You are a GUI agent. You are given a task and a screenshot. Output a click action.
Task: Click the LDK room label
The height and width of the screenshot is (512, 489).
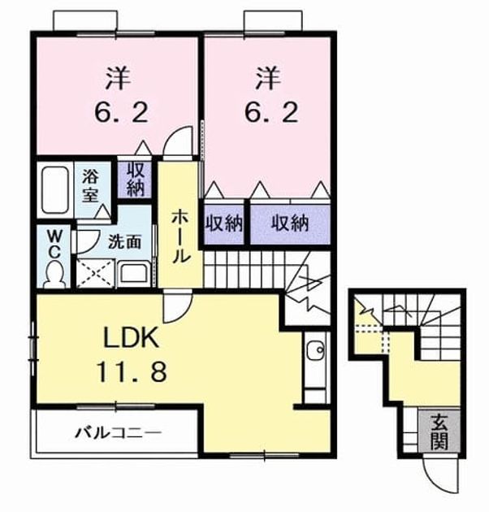pos(132,338)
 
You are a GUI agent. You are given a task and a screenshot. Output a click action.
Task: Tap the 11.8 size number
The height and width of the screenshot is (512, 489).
pos(132,371)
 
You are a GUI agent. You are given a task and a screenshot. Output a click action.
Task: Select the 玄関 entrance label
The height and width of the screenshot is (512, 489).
pos(439,432)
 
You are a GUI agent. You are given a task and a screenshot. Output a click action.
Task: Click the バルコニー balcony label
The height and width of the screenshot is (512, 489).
pos(119,433)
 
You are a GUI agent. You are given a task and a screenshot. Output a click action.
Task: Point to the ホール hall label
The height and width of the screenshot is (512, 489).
pos(180,236)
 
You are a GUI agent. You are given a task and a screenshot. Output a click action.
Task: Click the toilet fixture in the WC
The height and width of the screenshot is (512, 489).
pos(54,275)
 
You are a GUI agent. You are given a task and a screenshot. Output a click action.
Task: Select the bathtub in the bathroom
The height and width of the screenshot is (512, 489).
pos(56,190)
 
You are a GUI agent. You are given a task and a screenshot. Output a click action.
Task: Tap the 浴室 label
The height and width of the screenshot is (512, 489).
pos(90,186)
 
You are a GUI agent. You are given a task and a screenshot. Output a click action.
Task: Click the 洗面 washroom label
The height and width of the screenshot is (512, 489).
pos(125,242)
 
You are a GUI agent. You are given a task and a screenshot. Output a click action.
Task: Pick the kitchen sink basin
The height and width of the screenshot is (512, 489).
pos(316,349)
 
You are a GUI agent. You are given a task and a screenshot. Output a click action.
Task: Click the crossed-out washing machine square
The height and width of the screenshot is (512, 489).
pos(95,274)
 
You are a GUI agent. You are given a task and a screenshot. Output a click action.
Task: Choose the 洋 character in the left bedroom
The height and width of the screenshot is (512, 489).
pos(118,78)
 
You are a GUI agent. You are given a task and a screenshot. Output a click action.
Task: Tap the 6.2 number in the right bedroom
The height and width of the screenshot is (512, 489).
pos(271,111)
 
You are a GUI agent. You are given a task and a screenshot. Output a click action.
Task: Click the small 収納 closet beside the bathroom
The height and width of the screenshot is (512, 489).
pos(135,180)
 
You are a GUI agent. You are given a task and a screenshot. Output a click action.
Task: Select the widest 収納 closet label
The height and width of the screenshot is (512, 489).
pos(291,224)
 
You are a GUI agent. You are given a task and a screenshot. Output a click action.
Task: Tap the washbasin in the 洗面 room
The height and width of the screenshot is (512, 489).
pos(134,274)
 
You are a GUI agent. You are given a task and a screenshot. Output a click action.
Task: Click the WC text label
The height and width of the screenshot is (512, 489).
pos(54,243)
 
